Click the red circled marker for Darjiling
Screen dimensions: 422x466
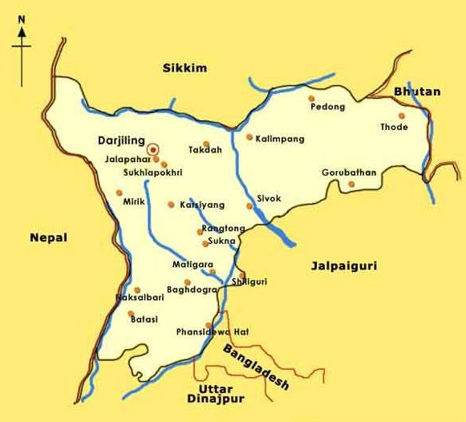click(153, 149)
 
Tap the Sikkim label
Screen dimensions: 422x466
click(184, 68)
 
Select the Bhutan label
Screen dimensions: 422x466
click(417, 91)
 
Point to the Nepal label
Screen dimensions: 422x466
click(49, 237)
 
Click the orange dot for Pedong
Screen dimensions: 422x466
click(311, 99)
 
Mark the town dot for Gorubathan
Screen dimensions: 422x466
click(351, 185)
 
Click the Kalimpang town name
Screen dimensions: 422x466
click(280, 139)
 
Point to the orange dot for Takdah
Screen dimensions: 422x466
click(206, 144)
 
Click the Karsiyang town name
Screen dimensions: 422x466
click(202, 205)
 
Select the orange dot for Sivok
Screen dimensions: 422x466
click(249, 206)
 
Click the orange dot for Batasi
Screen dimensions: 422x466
click(131, 314)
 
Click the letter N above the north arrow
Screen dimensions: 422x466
click(21, 20)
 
